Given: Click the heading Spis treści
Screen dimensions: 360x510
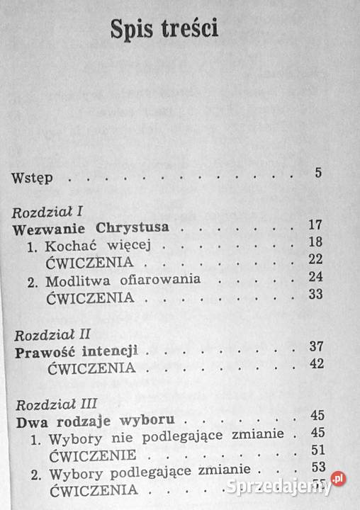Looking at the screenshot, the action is tap(164, 29).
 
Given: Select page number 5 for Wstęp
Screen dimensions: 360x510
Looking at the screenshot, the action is tap(318, 173).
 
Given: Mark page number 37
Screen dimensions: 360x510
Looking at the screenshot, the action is tap(316, 347).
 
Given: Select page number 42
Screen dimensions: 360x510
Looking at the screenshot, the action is tap(316, 364).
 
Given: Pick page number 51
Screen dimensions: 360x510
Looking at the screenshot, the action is tap(316, 450).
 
